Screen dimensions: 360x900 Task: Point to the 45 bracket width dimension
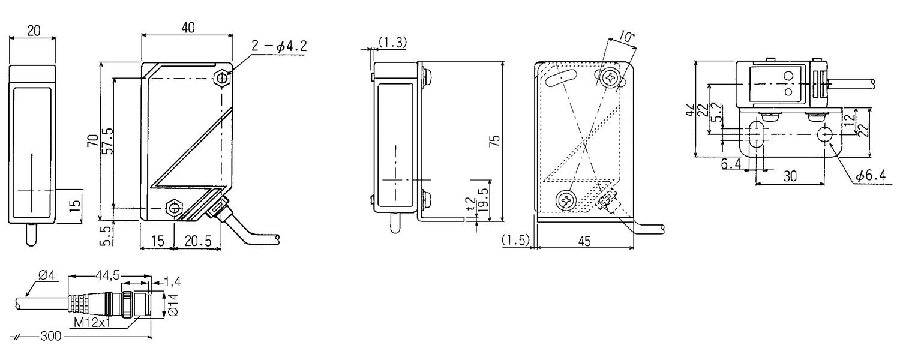tap(583, 241)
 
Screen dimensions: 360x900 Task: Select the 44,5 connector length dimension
tap(109, 275)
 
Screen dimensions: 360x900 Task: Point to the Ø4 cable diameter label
tap(47, 275)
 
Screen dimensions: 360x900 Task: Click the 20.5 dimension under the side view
tap(197, 241)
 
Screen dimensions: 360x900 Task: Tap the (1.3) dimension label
tap(393, 41)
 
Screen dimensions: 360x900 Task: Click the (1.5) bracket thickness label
tap(515, 240)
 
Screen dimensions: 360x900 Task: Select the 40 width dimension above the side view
tap(187, 28)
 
